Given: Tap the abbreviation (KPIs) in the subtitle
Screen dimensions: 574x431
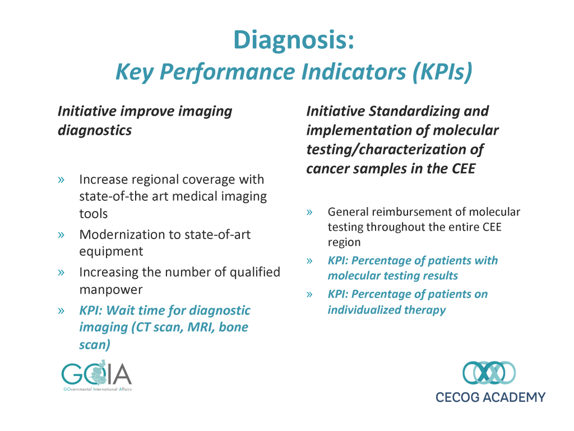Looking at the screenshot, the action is [x=443, y=71].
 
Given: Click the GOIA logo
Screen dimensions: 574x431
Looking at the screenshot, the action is [x=96, y=375].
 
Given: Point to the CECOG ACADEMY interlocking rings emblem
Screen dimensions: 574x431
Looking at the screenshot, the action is [x=489, y=373].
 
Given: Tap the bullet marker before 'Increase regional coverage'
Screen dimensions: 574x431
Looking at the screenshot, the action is [x=61, y=180].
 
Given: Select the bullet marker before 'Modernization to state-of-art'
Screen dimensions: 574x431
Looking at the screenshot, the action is [x=61, y=235].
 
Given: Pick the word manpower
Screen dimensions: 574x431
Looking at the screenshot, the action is [x=111, y=290].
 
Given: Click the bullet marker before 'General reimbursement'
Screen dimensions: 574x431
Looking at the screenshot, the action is [x=309, y=213].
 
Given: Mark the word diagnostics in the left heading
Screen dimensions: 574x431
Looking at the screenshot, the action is [x=95, y=131].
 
